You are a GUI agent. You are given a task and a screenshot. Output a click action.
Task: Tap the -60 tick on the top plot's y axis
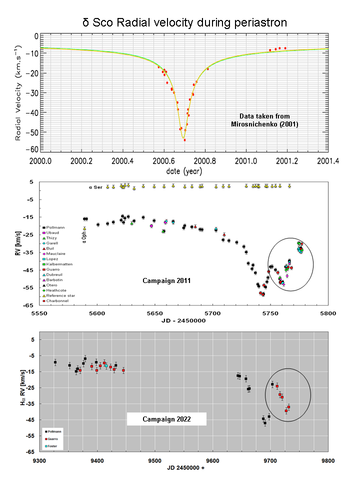[33, 149]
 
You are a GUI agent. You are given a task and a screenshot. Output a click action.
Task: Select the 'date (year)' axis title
[184, 171]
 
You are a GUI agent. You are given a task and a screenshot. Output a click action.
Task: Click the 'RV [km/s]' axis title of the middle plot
[17, 244]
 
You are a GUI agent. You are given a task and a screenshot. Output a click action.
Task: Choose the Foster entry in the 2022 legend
[56, 445]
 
